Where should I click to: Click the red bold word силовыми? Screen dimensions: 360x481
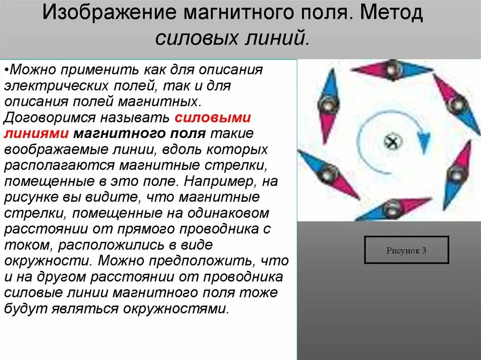212,117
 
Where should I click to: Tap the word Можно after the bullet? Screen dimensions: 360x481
31,70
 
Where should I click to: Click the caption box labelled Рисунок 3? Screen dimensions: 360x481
406,250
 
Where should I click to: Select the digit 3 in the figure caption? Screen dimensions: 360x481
424,251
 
